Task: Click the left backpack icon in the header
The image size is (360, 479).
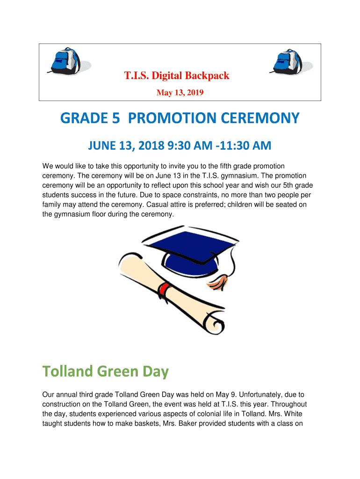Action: (63, 61)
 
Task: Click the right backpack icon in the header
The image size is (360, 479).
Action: (286, 61)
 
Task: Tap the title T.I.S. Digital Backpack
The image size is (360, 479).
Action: (176, 75)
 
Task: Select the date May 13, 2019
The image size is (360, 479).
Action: (180, 93)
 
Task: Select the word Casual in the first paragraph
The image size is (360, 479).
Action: (158, 204)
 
